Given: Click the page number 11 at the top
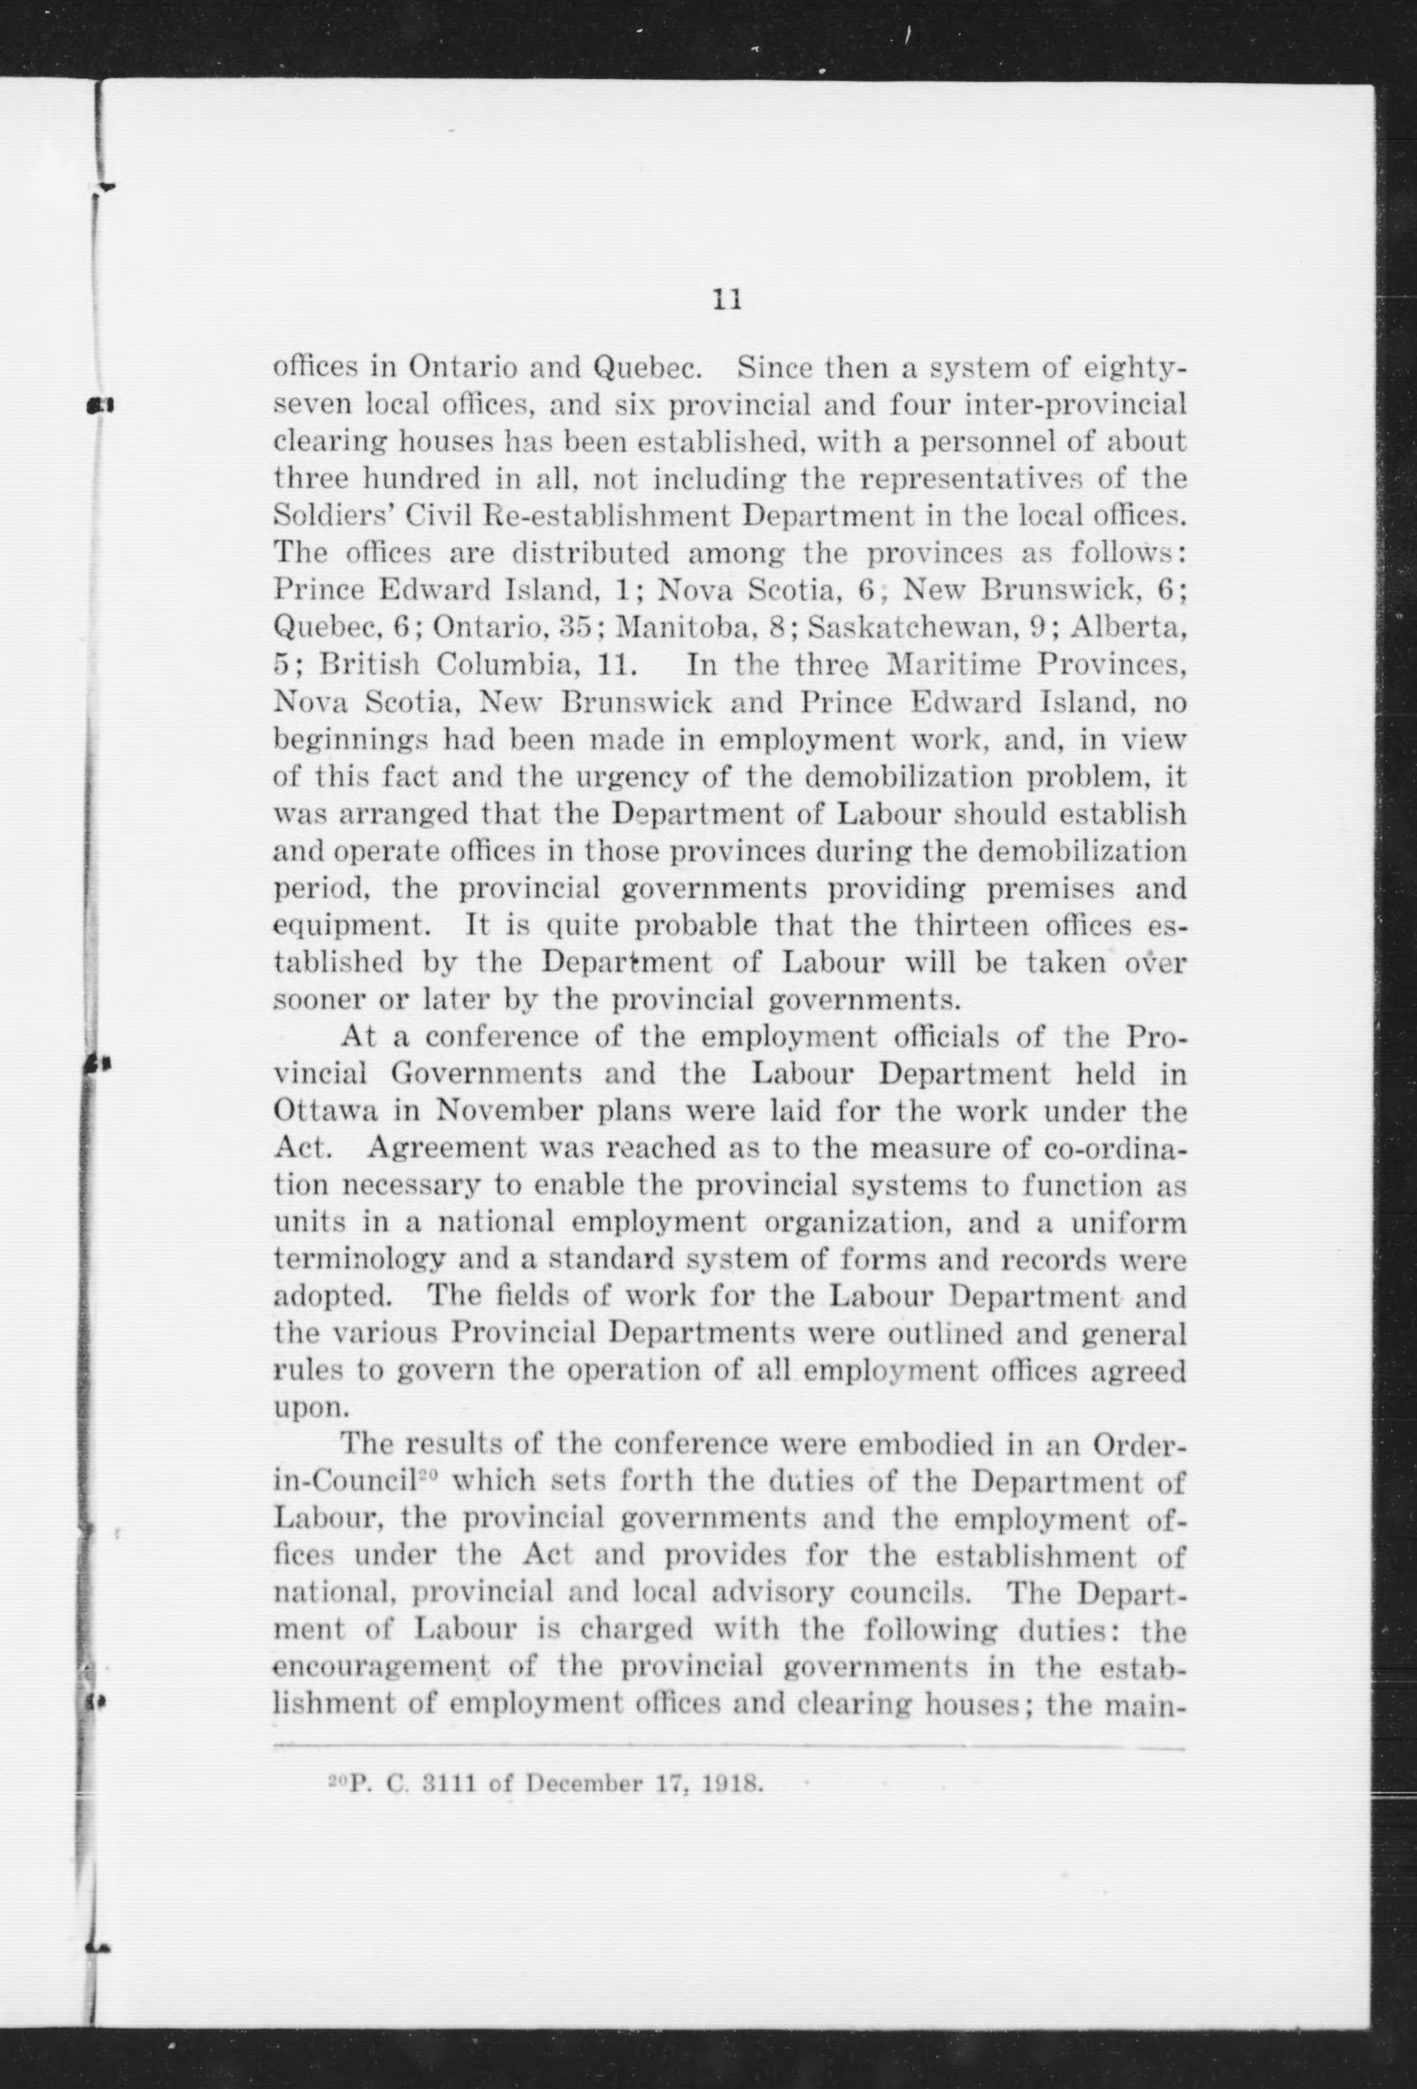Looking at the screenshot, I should coord(727,299).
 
